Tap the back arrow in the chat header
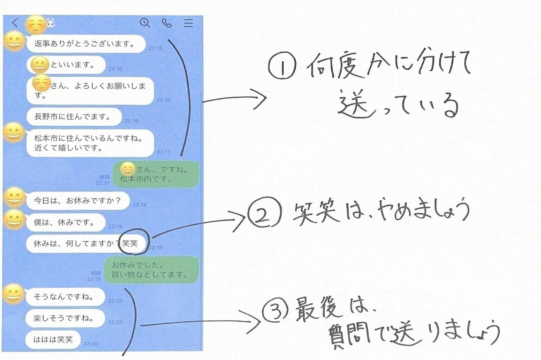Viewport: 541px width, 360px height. point(14,23)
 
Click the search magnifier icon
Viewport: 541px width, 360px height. point(145,23)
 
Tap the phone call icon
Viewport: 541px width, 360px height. point(167,23)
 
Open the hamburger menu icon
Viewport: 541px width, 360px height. point(188,23)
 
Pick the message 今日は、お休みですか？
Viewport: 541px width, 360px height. point(78,200)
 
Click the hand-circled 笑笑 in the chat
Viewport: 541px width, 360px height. point(131,243)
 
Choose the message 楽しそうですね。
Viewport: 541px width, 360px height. point(64,318)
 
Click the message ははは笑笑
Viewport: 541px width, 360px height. point(53,339)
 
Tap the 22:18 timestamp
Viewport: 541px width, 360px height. point(140,205)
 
